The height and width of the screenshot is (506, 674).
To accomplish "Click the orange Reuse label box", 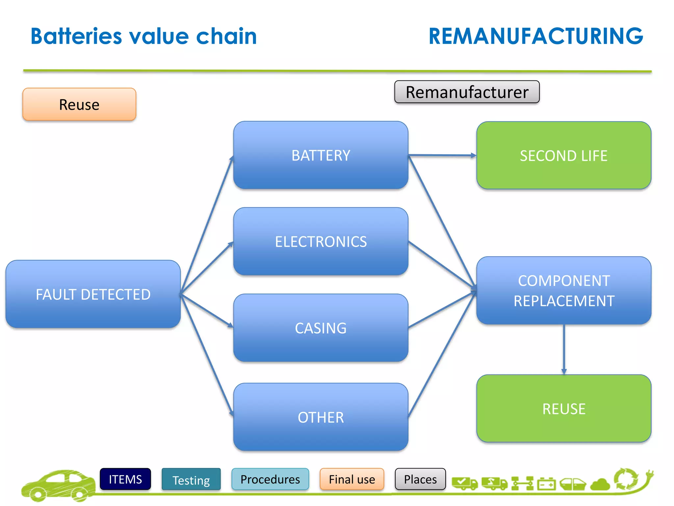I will click(x=79, y=104).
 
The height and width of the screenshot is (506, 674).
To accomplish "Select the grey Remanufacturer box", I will click(x=467, y=92).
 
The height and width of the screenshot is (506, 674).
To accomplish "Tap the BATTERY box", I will click(x=321, y=155).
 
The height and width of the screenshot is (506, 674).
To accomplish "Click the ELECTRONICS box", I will click(x=321, y=241).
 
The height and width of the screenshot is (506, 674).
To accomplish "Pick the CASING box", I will click(x=321, y=328).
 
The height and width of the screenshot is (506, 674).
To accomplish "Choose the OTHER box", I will click(x=321, y=417).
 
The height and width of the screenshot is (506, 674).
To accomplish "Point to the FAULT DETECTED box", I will click(x=93, y=294).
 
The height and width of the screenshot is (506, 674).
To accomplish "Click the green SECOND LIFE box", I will click(x=563, y=155).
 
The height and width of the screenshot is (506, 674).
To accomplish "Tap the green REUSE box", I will click(x=563, y=408).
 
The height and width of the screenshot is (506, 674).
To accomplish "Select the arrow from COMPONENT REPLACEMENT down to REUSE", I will click(x=564, y=349).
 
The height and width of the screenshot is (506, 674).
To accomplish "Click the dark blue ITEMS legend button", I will click(x=125, y=479).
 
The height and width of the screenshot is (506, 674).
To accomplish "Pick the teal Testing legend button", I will click(x=191, y=480).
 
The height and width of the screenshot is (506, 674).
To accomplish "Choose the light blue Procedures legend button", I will click(x=270, y=479).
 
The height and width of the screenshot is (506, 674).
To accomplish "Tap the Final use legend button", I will click(x=351, y=479).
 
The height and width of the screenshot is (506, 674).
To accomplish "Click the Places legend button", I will click(x=420, y=479).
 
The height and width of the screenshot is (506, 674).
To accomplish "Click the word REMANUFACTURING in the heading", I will click(x=535, y=36).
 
